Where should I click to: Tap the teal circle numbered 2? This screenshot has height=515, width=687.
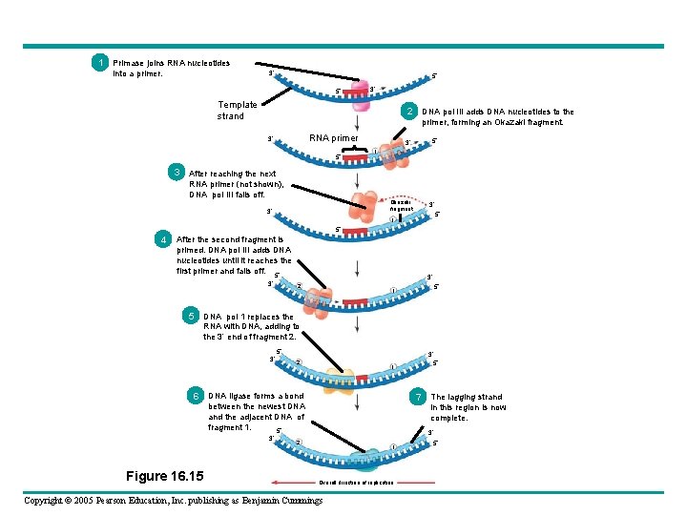click(408, 112)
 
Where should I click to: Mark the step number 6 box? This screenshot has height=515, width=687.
click(196, 395)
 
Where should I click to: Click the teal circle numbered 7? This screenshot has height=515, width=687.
click(418, 396)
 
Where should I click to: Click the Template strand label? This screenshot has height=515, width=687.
click(237, 111)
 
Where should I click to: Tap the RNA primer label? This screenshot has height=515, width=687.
click(333, 138)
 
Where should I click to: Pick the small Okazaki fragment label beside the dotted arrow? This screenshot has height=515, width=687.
click(401, 205)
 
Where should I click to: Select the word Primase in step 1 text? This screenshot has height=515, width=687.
click(129, 63)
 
